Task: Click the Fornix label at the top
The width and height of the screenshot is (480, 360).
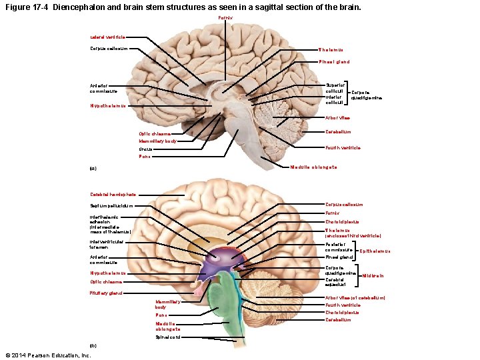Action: pos(226,17)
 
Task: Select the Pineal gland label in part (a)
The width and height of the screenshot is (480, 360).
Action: pos(333,62)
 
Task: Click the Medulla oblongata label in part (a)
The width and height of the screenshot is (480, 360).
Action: pos(313,167)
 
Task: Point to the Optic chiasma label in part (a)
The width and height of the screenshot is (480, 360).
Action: pos(155,134)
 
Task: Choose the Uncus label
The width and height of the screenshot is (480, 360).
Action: pos(145,149)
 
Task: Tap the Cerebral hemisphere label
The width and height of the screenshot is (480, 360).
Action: pos(113,195)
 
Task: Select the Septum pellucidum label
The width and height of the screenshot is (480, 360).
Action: pos(111,205)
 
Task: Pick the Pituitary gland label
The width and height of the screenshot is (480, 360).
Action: pos(106,293)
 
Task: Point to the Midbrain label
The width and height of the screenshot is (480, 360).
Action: pos(373,275)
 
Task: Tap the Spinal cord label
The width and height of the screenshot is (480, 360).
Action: pos(167,337)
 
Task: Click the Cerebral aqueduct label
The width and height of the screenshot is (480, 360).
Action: pos(337,282)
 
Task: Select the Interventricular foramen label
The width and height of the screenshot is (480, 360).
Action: pos(107,244)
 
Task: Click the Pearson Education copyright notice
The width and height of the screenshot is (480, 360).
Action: pos(47,355)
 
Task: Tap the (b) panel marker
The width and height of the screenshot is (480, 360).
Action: pos(93,345)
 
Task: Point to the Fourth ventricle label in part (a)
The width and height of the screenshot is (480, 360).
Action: pos(342,147)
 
